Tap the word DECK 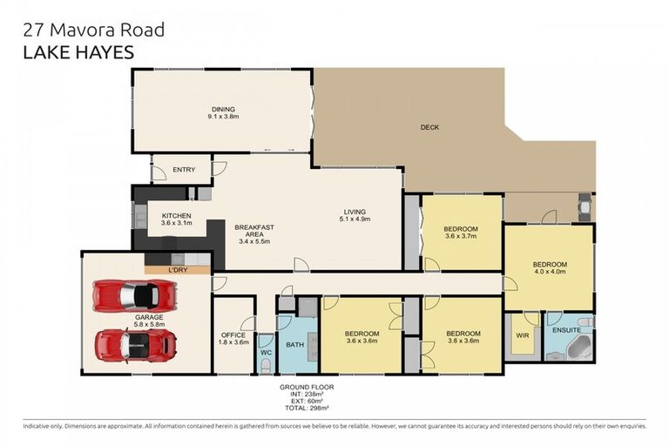coord(429,127)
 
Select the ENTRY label coord(184,170)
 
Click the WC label coord(267,352)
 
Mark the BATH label coord(295,345)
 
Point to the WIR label coord(523,335)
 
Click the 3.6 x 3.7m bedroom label coord(462,231)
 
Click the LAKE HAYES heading coord(78,52)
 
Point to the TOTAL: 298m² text coord(306,408)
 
